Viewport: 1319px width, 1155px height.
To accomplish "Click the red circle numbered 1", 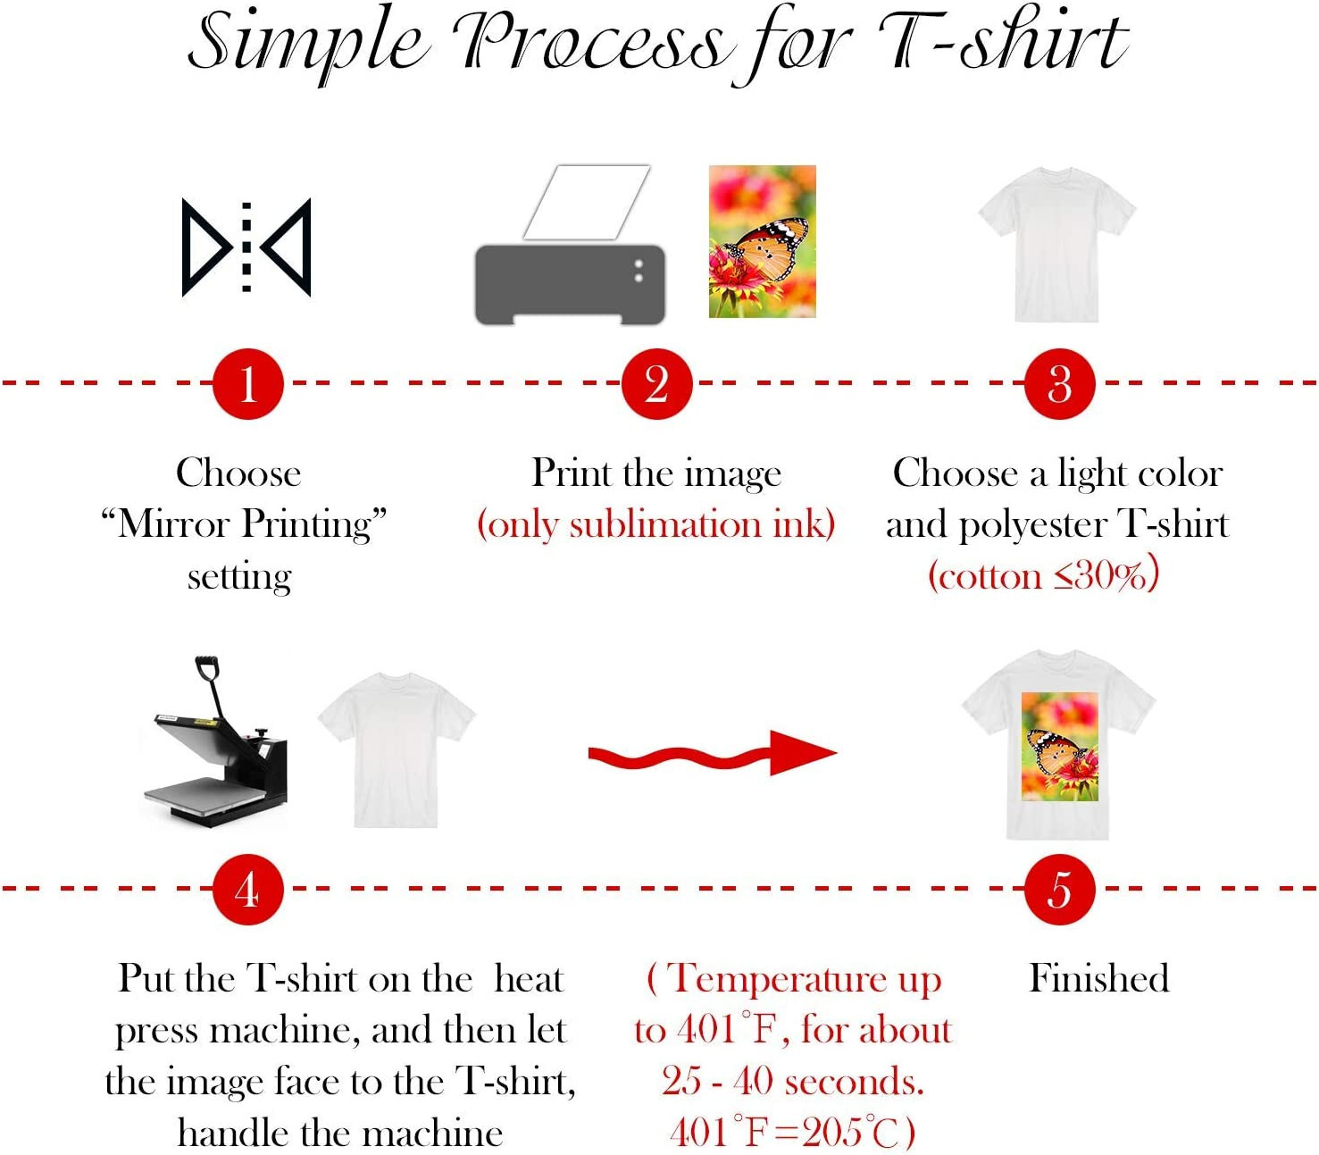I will coord(247,384).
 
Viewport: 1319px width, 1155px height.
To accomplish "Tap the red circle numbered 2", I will coord(656,384).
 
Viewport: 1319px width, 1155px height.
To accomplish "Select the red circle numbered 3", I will coord(1059,384).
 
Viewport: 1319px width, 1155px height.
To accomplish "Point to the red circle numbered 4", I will coord(247,890).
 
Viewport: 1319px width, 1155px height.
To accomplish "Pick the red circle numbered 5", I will coord(1059,890).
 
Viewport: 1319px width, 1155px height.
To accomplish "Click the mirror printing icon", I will coord(246,247).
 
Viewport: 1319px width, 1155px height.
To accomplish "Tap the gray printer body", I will coord(569,284).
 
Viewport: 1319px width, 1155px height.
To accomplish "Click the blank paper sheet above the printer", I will coord(586,202).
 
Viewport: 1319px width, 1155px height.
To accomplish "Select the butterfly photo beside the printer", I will coord(762,241).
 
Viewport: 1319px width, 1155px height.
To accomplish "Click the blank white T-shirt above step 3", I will coord(1056,244).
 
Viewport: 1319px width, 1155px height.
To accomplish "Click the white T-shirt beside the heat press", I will coord(396,749).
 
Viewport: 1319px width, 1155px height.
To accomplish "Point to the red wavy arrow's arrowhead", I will coord(801,752).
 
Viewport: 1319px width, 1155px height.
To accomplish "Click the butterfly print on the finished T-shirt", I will coord(1059,746).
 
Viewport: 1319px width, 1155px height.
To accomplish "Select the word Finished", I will coord(1098,978).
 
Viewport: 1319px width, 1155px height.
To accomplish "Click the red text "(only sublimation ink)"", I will coord(656,524).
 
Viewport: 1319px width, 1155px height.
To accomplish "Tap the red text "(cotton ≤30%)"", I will coord(1043,575).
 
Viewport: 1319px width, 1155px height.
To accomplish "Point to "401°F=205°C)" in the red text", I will coord(792,1133).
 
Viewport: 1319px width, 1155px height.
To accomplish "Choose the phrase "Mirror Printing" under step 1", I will coord(244,524).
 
